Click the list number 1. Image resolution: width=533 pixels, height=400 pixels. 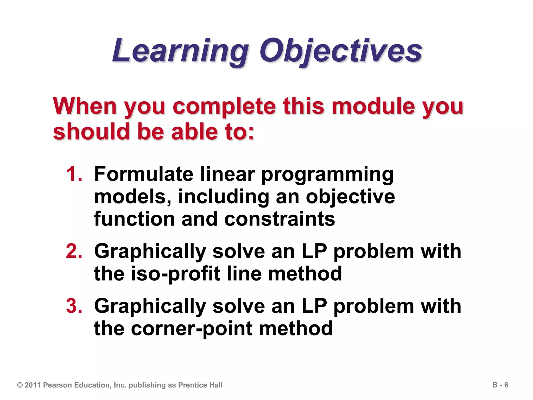click(x=74, y=174)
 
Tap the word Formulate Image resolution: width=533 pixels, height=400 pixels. click(x=144, y=174)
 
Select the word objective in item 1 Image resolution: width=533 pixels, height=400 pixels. click(x=350, y=197)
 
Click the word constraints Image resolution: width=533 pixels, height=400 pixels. click(x=280, y=219)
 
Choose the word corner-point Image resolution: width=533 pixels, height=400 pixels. click(x=192, y=329)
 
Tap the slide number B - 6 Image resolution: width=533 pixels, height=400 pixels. click(x=500, y=385)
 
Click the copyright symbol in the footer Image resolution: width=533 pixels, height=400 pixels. click(x=20, y=385)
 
